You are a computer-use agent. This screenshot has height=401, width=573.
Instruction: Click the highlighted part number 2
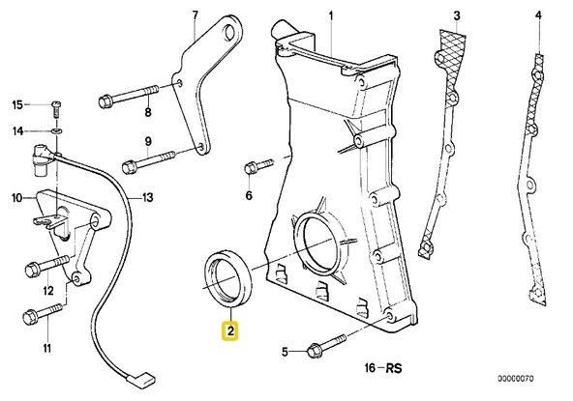[x=230, y=330]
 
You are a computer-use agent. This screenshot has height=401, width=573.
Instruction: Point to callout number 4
[x=538, y=15]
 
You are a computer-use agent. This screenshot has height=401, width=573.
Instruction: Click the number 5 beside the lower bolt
[x=285, y=351]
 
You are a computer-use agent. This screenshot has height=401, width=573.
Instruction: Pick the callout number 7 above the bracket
[x=194, y=15]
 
